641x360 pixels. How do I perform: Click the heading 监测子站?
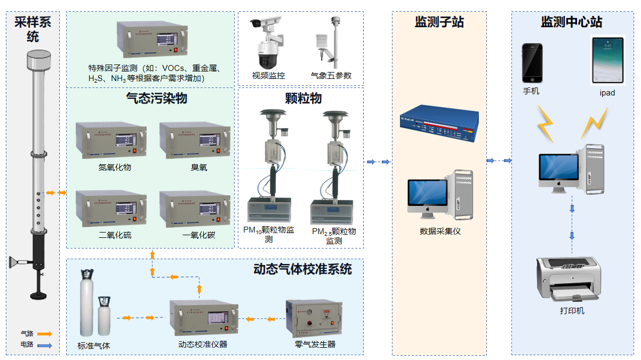pyautogui.click(x=439, y=22)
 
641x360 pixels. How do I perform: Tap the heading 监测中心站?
pyautogui.click(x=571, y=22)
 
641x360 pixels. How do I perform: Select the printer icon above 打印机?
pyautogui.click(x=568, y=278)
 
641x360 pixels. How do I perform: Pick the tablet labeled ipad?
pyautogui.click(x=607, y=61)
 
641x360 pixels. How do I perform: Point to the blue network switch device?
pyautogui.click(x=438, y=124)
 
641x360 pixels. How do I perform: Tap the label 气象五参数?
pyautogui.click(x=331, y=76)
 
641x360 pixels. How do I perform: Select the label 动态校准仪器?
pyautogui.click(x=203, y=345)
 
